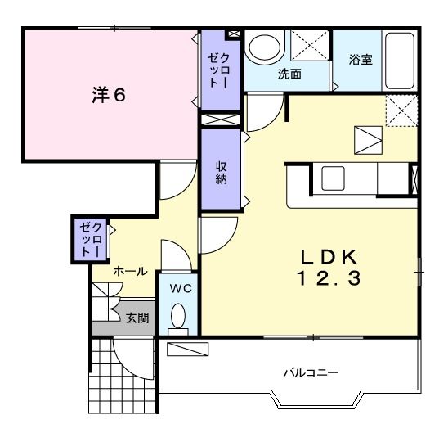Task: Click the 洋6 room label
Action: tap(107, 95)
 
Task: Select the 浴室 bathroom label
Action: tap(361, 60)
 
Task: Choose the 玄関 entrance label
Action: tap(137, 318)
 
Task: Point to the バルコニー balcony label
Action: tap(311, 372)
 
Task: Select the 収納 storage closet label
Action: tap(221, 172)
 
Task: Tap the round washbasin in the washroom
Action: tap(263, 47)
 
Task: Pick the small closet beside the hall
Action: tap(87, 238)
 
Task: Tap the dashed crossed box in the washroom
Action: tap(309, 46)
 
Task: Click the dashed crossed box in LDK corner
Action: tap(401, 110)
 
